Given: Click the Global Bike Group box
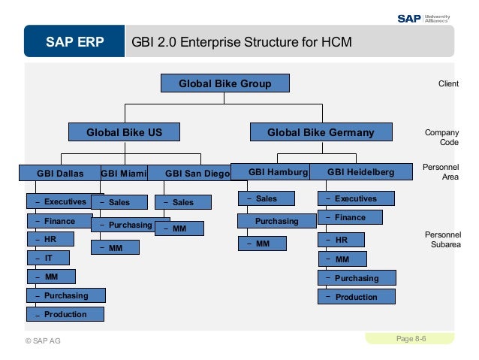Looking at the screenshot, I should click(x=224, y=83).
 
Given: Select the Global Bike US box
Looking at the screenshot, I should click(x=125, y=132).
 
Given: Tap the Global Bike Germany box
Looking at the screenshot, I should click(x=321, y=132).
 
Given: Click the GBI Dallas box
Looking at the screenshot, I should click(x=60, y=173).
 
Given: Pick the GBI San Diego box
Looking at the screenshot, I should click(x=191, y=173).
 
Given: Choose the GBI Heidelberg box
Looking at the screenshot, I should click(x=361, y=172).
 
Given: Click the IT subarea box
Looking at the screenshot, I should click(x=48, y=258).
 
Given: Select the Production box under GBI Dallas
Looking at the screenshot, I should click(x=65, y=314).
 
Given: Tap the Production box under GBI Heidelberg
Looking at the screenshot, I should click(x=356, y=297).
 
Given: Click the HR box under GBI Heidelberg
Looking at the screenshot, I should click(x=341, y=241).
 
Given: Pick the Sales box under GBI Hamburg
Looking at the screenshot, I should click(x=266, y=198).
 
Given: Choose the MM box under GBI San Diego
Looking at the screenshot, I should click(x=179, y=228).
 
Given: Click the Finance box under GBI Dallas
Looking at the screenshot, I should click(x=59, y=221).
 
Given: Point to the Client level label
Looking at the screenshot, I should click(x=448, y=84).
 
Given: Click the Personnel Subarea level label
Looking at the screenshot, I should click(x=442, y=239).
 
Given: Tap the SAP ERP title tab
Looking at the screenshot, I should click(x=74, y=41).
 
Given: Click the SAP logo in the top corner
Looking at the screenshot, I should click(x=408, y=18).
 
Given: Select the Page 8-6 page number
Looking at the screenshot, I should click(x=411, y=339).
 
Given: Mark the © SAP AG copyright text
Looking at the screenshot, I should click(x=43, y=340).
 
